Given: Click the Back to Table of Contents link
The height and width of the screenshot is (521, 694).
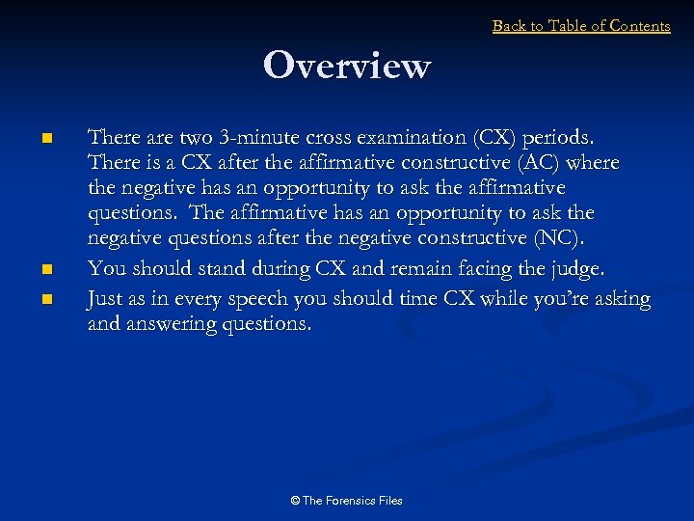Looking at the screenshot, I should (x=580, y=26).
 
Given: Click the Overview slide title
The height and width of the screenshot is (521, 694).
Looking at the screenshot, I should (x=346, y=67).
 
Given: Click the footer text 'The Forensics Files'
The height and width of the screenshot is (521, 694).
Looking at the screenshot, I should (x=351, y=501).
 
